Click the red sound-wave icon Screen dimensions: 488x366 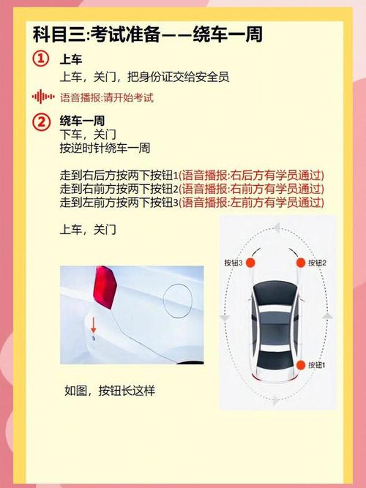43,97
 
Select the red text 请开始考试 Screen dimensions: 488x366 129,97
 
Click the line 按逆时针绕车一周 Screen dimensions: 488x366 105,149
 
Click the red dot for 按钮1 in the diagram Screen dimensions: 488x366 300,365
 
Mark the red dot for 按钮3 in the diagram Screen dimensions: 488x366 250,263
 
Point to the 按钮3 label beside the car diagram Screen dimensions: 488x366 233,263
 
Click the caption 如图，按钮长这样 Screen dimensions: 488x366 109,391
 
